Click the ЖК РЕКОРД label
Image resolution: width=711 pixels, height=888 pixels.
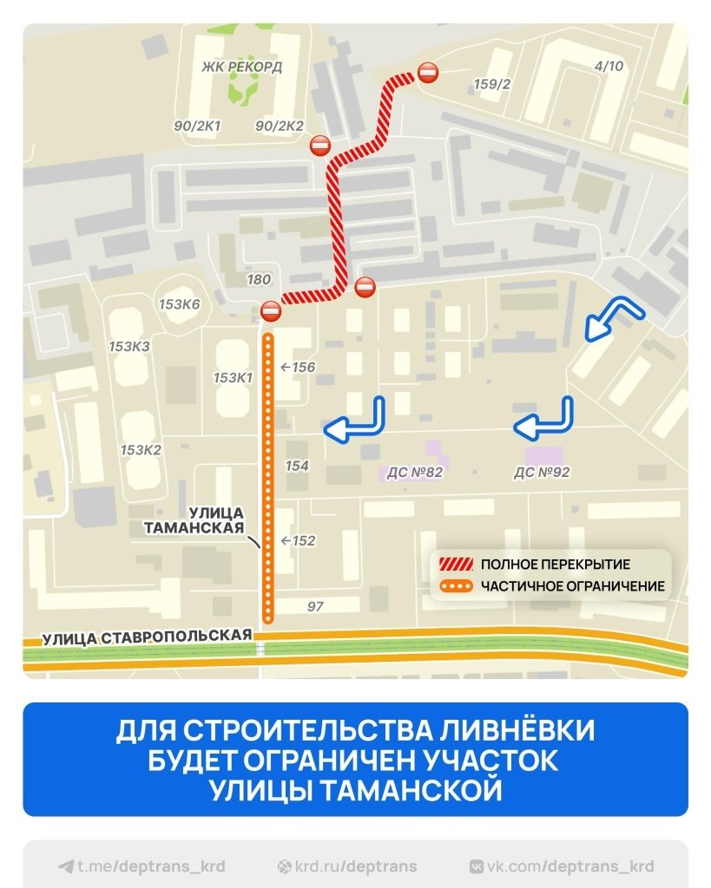tap(241, 67)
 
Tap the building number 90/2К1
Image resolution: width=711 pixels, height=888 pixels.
tap(197, 126)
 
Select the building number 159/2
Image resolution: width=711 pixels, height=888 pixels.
tap(492, 83)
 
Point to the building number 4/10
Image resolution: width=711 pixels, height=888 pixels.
tap(609, 66)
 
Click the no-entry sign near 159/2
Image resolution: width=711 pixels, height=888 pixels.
tap(428, 74)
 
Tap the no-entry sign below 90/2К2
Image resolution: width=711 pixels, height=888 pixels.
tap(320, 146)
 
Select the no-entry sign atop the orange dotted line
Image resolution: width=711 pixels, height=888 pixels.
tap(270, 310)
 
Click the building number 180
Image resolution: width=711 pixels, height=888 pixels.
tap(259, 279)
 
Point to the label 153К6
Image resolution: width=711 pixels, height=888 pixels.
tap(180, 304)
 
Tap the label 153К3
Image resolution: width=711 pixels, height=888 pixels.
tap(129, 346)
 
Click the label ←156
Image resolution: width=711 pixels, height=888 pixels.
tap(297, 367)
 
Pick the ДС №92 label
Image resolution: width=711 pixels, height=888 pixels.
tap(541, 473)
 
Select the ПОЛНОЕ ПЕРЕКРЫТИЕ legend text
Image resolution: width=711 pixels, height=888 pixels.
tap(555, 565)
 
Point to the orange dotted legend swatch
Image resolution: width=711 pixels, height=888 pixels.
tap(455, 586)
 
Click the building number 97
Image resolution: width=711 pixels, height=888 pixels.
tap(315, 606)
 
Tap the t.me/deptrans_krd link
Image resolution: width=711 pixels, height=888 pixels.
tap(142, 866)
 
